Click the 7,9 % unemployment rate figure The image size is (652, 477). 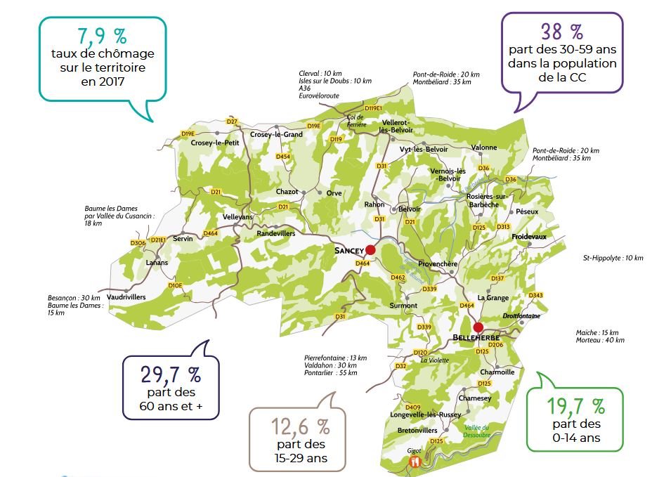click(x=103, y=36)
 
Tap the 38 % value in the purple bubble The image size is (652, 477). click(x=561, y=31)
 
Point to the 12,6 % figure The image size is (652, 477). click(x=300, y=426)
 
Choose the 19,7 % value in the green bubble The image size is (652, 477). click(x=575, y=406)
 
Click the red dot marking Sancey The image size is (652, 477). click(x=370, y=249)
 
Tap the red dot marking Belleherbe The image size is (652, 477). click(x=478, y=327)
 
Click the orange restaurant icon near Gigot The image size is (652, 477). click(x=415, y=462)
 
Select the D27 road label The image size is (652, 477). click(x=233, y=122)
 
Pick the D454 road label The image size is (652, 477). click(x=283, y=156)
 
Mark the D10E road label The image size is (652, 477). click(x=176, y=285)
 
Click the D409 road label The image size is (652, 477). click(x=413, y=407)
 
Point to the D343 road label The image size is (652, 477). click(x=535, y=295)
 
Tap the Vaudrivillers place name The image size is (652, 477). click(x=127, y=297)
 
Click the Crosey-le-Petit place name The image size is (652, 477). click(x=215, y=143)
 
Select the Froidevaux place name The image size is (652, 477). click(x=529, y=237)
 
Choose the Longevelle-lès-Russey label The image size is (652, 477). click(x=425, y=415)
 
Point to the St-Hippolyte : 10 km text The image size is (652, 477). click(x=613, y=258)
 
